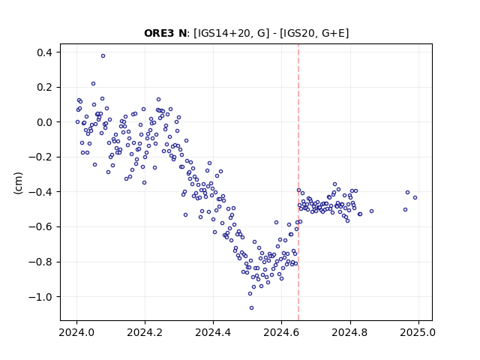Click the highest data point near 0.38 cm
point(103,55)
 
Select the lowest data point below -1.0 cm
point(252,307)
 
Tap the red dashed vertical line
point(298,182)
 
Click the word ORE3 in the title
point(159,33)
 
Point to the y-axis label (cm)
point(18,183)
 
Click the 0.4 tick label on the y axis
point(45,52)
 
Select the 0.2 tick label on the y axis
point(45,88)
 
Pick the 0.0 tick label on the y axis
point(45,122)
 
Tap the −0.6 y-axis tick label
point(40,227)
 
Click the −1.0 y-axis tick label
point(40,297)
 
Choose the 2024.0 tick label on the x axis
point(76,332)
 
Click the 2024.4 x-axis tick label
point(213,332)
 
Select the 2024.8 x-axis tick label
point(350,332)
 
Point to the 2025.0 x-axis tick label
point(418,332)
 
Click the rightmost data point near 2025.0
point(415,197)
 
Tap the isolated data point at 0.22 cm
point(93,83)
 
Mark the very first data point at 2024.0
point(77,121)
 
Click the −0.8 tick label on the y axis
point(40,262)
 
